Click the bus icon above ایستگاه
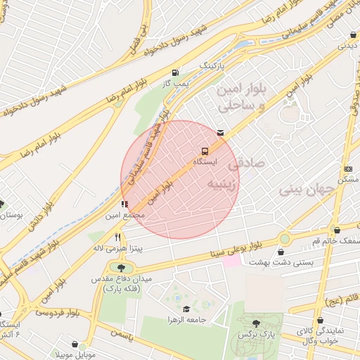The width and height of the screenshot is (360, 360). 205,151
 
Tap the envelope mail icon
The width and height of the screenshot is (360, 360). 221,132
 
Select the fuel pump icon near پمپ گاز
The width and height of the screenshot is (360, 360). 174,72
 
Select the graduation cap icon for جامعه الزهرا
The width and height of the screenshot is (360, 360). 186,309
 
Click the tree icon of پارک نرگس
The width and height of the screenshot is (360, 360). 257,324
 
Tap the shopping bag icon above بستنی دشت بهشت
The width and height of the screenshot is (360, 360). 281,252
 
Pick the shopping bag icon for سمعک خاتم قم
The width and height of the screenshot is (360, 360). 337,230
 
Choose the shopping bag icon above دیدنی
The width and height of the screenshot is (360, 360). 352,35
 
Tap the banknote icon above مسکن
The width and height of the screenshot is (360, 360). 348,169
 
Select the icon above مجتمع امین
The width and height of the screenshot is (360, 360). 124,204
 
